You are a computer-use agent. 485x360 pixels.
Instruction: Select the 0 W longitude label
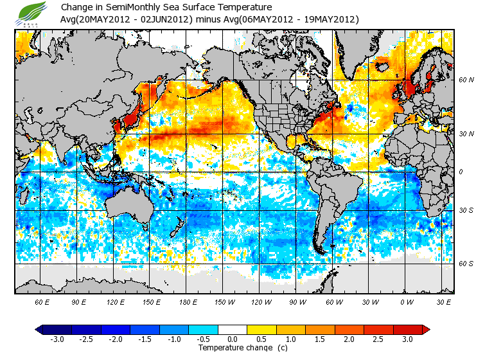(406, 301)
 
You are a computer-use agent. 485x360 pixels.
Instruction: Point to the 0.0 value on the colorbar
(233, 339)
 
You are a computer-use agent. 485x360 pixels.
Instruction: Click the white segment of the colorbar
(233, 329)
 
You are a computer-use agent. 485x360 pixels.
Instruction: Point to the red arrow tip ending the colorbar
(426, 329)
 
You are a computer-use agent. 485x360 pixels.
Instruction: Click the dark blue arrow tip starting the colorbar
(39, 329)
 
